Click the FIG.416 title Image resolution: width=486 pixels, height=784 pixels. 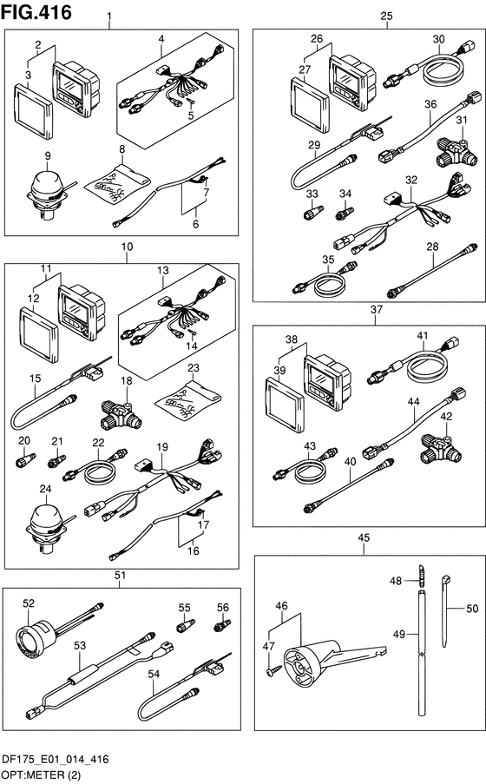36,12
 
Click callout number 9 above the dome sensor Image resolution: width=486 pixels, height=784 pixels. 48,156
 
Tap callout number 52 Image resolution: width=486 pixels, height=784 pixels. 29,603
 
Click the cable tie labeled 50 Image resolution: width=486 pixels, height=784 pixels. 445,610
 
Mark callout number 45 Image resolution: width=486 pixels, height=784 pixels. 364,537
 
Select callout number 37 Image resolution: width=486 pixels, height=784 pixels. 376,309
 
